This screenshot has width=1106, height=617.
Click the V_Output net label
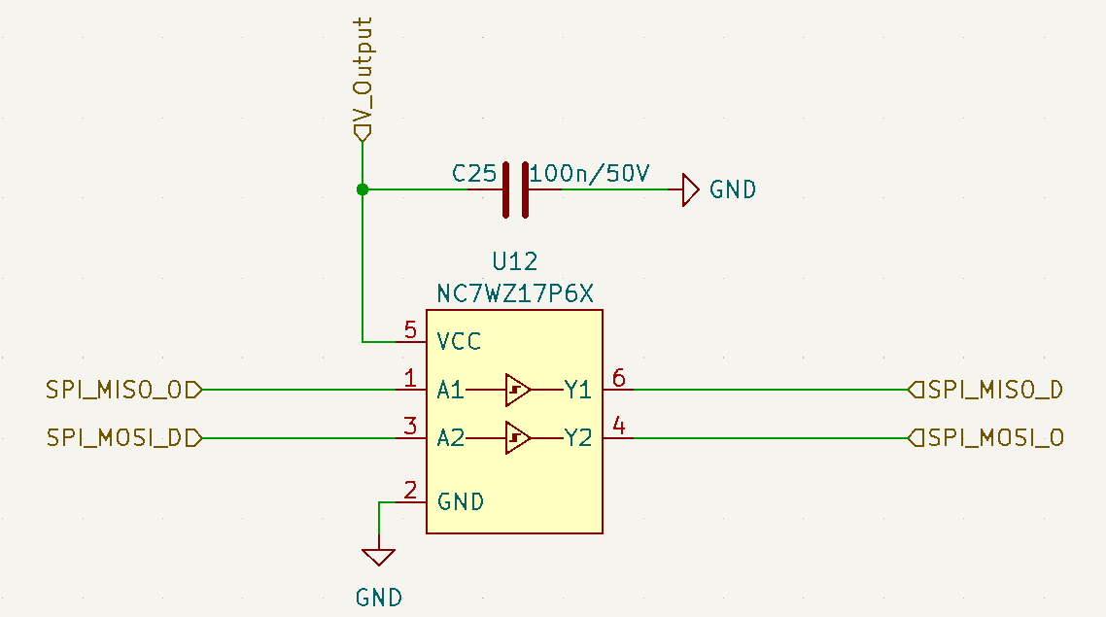(x=363, y=79)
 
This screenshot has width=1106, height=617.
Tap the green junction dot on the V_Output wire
(x=363, y=189)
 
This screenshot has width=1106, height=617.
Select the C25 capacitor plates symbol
(x=515, y=189)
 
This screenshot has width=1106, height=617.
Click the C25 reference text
(x=474, y=174)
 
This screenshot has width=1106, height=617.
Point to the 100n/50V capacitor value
(x=589, y=174)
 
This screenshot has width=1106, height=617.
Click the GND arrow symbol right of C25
(x=690, y=189)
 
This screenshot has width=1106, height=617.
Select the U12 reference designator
(x=515, y=261)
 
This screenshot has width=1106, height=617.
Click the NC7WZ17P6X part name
(x=515, y=293)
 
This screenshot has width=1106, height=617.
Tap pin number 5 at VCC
(x=410, y=329)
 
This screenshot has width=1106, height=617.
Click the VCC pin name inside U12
(x=459, y=342)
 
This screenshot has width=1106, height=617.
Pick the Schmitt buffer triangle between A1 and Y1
(x=518, y=390)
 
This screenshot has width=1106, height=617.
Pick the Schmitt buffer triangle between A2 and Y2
(x=518, y=438)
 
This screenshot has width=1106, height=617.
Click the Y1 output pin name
(x=577, y=390)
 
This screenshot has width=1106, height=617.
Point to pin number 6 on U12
(x=618, y=379)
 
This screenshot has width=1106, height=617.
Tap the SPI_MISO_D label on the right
(x=986, y=390)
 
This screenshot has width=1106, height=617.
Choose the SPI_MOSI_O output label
(x=986, y=438)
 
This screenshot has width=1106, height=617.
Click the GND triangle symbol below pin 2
(x=378, y=557)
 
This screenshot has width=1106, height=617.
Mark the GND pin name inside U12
(x=461, y=502)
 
